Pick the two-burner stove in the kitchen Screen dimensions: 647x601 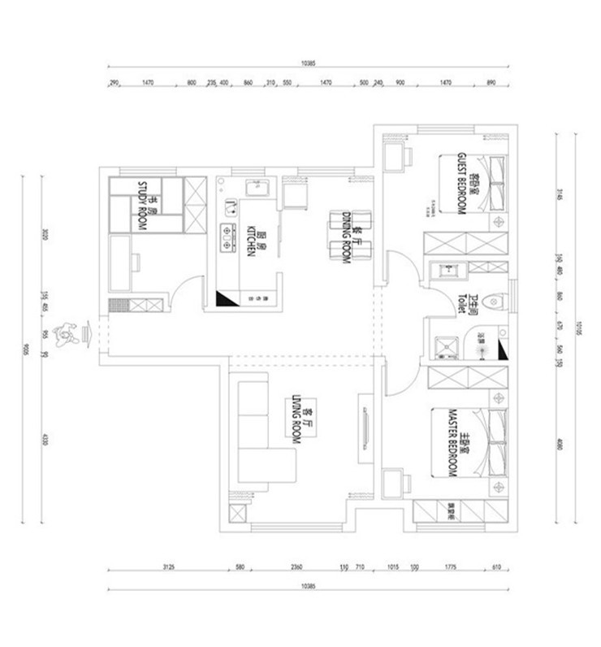(x=225, y=235)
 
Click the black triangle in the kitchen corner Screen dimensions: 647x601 (x=223, y=299)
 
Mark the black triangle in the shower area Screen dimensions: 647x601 (x=501, y=350)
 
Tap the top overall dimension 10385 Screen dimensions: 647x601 (x=307, y=63)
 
